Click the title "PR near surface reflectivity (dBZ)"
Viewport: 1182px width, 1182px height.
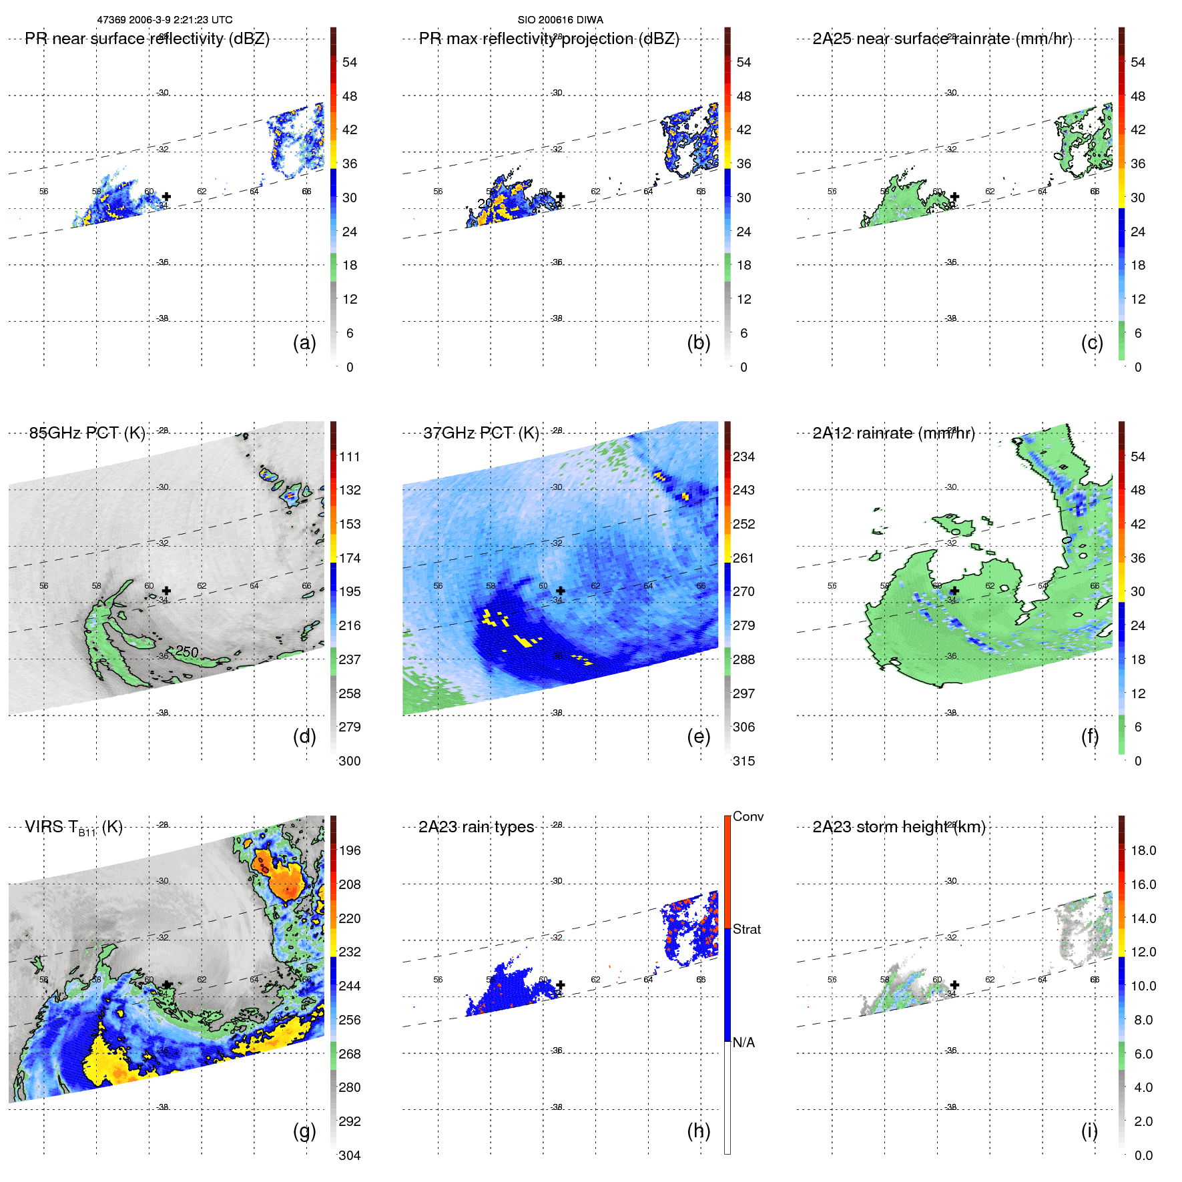147,39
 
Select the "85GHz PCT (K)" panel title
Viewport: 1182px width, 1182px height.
87,433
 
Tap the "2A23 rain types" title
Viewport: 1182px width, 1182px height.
476,828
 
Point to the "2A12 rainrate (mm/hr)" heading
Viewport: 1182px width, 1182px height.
893,433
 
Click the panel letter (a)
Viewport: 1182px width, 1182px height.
304,343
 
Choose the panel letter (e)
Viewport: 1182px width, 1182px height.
698,737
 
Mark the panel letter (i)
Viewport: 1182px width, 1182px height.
1089,1131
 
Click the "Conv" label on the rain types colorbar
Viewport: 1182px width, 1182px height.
748,817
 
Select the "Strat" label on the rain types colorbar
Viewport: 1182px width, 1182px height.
746,930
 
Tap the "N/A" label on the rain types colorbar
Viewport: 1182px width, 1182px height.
744,1043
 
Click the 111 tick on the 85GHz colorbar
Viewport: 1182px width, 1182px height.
349,457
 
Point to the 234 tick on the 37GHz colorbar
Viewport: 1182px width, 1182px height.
744,457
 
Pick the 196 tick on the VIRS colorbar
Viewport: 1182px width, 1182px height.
349,851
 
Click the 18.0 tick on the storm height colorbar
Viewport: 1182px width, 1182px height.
1143,851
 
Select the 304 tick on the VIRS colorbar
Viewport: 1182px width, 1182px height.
349,1155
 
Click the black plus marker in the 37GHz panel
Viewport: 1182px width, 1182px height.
561,591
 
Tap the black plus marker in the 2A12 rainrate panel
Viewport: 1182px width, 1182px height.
954,591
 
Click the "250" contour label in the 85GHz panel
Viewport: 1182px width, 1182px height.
187,652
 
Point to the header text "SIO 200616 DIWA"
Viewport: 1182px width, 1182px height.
560,20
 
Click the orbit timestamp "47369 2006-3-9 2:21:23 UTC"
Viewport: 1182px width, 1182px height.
165,20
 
